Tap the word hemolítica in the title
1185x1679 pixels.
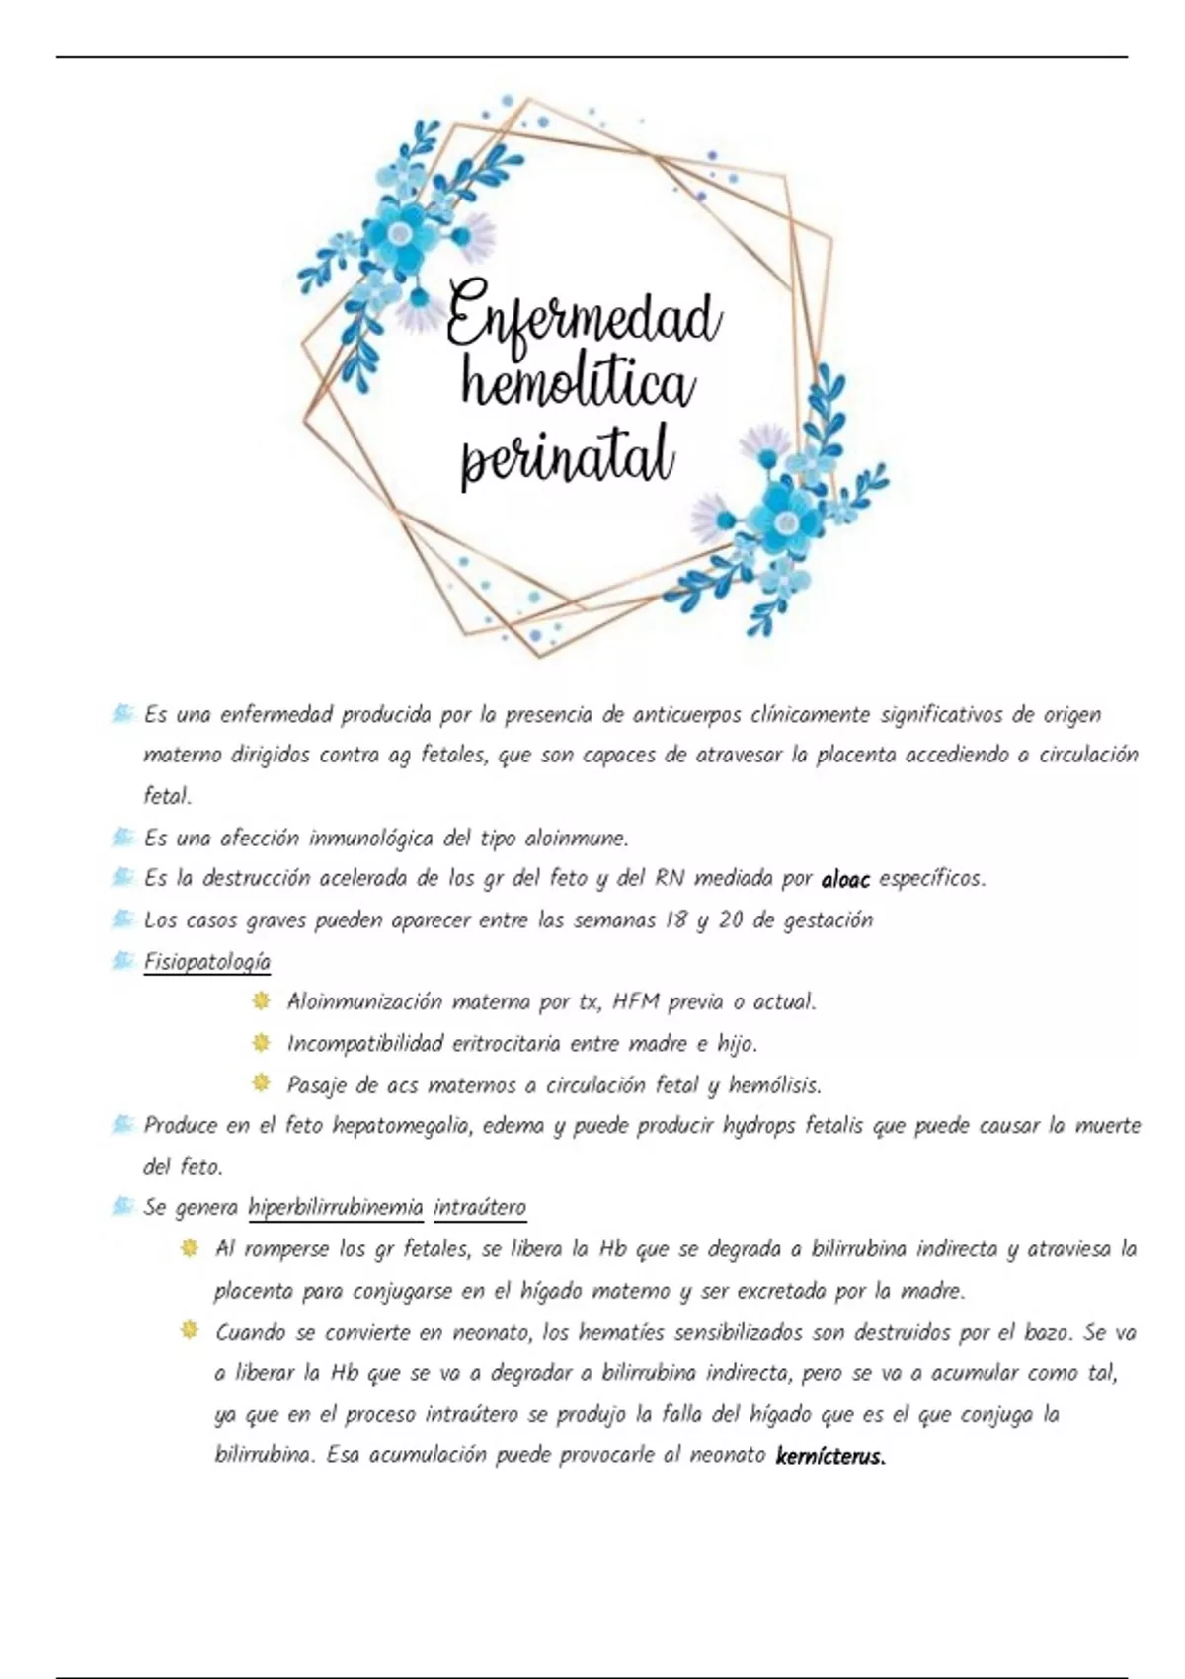(x=579, y=385)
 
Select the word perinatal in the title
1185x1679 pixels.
(x=568, y=456)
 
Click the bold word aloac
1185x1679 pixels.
(x=845, y=879)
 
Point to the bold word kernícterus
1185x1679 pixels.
(x=830, y=1456)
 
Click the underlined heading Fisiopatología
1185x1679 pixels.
(x=206, y=961)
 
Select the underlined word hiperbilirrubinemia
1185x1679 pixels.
(x=336, y=1207)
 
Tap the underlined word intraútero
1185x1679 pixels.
(x=480, y=1207)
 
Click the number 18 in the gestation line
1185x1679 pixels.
(x=674, y=920)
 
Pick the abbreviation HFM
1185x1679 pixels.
(x=636, y=1001)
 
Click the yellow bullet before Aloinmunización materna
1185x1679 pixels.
(x=261, y=1001)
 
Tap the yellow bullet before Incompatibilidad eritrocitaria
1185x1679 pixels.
(x=261, y=1043)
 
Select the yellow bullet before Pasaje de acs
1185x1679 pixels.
(x=261, y=1083)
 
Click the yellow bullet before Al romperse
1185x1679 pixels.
(x=189, y=1249)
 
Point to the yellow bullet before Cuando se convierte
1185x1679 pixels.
(x=189, y=1332)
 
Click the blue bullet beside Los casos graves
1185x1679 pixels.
(x=122, y=919)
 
